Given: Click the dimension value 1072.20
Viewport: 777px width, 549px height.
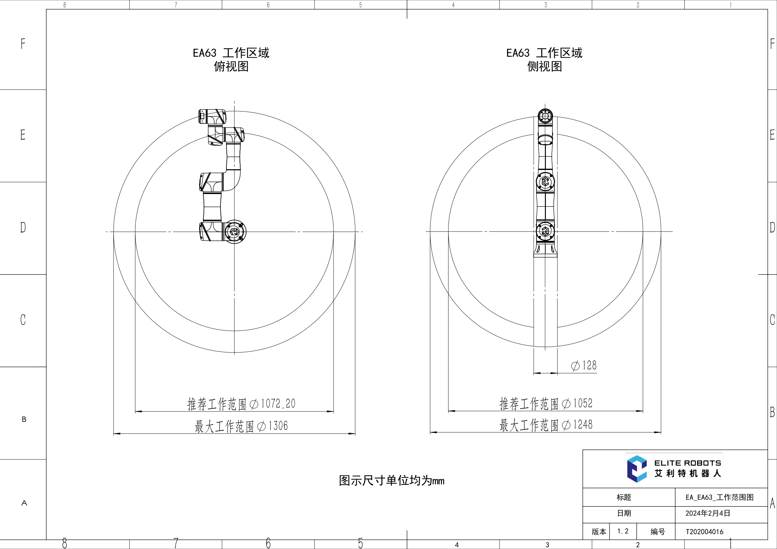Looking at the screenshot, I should pos(278,403).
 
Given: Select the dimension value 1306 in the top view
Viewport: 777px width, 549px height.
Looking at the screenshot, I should pos(278,426).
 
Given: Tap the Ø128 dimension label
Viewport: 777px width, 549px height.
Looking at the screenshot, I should pos(584,365).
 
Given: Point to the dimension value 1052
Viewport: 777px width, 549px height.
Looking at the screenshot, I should pos(583,403).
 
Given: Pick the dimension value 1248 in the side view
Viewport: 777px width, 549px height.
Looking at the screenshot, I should pos(583,424).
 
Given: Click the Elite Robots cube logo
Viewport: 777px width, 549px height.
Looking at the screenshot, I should pos(637,469).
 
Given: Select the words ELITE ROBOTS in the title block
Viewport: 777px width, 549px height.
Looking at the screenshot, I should pos(687,463).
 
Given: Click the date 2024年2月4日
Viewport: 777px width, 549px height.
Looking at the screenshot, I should pos(707,513).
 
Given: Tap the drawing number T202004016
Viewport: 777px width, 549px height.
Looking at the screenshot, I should pos(704,532).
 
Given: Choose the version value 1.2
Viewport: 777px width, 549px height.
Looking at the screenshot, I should pos(623,531).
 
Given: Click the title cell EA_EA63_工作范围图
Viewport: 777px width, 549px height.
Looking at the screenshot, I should pos(719,497).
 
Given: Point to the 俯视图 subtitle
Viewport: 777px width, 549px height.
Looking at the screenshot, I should pos(231,66).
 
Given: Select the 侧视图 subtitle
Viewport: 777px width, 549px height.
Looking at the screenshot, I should pos(545,66).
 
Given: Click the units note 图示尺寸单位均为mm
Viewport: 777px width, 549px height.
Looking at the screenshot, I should pos(391,480).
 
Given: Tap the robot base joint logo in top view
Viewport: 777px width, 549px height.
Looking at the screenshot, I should pos(234,232).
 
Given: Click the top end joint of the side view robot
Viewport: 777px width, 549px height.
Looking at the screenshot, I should pos(545,117).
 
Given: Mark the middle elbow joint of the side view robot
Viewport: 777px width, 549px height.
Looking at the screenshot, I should pos(545,182).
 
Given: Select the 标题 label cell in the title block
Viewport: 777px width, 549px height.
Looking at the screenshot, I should pos(624,497).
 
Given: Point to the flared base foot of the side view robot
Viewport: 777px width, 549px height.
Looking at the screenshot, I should pos(545,250).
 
